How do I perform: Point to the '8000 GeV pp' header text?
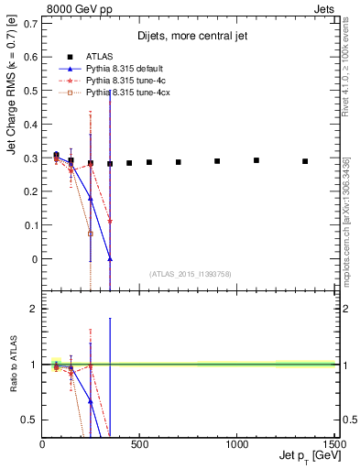point(71,8)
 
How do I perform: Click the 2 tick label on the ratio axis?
point(33,309)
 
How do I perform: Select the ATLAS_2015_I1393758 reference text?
point(190,273)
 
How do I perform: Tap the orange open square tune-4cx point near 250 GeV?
point(91,234)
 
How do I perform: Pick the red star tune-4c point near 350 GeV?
point(110,221)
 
